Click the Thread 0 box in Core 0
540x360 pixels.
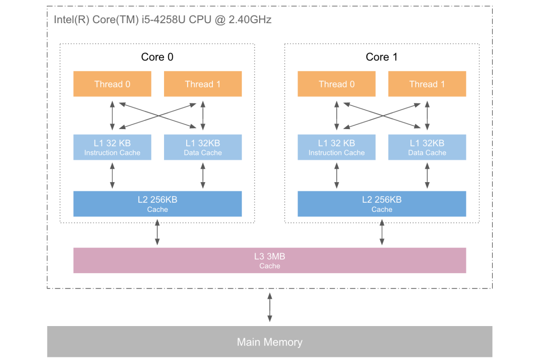[x=112, y=84]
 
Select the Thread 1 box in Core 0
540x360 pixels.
[x=203, y=84]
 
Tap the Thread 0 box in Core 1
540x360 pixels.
[x=336, y=84]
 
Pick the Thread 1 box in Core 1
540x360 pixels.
[x=427, y=84]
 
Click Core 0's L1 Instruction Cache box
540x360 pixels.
[x=112, y=147]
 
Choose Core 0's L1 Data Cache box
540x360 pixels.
[x=203, y=147]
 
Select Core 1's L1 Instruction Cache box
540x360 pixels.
[x=336, y=147]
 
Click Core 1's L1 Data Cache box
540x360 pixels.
[x=427, y=147]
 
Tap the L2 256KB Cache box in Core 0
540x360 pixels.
[x=157, y=204]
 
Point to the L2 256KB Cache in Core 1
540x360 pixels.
[x=382, y=204]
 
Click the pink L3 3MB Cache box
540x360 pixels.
[x=269, y=260]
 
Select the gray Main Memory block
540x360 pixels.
[x=269, y=341]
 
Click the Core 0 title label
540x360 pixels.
[x=157, y=57]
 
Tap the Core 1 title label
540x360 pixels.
[x=382, y=57]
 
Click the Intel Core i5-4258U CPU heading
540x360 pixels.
[x=163, y=20]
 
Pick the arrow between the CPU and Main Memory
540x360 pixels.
[x=269, y=308]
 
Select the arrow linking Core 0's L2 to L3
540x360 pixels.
[x=157, y=232]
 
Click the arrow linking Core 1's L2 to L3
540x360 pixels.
[x=382, y=232]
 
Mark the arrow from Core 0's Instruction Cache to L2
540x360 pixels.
[x=112, y=175]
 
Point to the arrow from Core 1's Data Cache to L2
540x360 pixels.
[x=427, y=175]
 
